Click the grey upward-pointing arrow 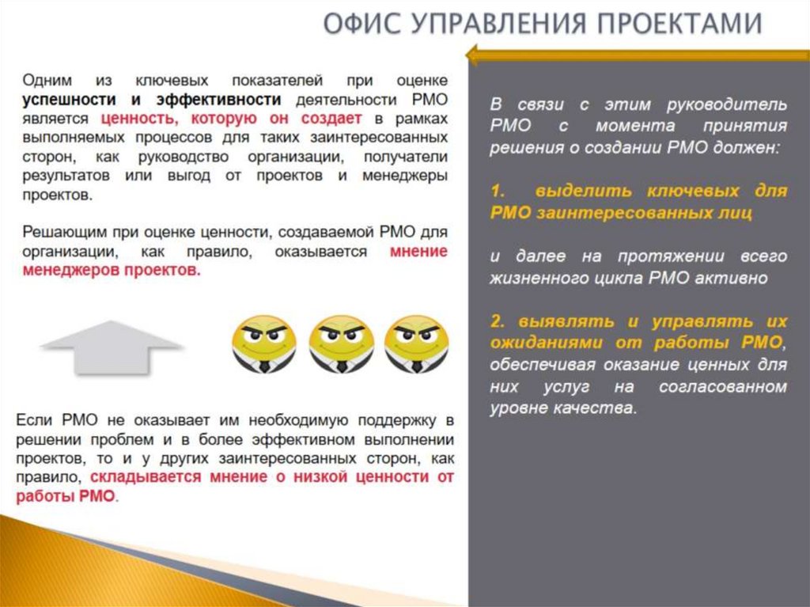tap(111, 347)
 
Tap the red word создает tap(327, 119)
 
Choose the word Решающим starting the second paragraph tap(56, 233)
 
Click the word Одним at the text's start tap(47, 81)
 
